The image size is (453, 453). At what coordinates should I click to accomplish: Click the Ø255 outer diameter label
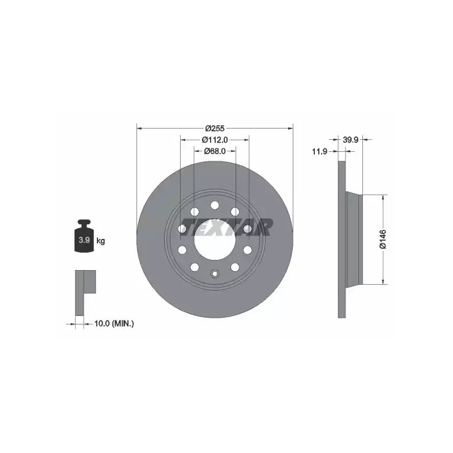coord(215,128)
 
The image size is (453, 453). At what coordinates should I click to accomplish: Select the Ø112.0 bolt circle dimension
coord(215,140)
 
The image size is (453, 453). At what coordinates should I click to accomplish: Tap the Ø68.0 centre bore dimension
coord(215,151)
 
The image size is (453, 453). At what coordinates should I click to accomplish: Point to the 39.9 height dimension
coord(351,140)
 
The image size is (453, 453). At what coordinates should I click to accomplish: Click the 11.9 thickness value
coord(319,151)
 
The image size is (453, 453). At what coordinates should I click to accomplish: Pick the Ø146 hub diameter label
coord(383,239)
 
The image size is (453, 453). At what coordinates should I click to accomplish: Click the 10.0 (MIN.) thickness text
coord(114,323)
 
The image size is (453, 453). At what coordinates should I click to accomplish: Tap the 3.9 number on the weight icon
coord(84,240)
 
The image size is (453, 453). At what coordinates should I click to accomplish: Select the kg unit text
coord(101,240)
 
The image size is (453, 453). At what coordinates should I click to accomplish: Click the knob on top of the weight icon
coord(84,223)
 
